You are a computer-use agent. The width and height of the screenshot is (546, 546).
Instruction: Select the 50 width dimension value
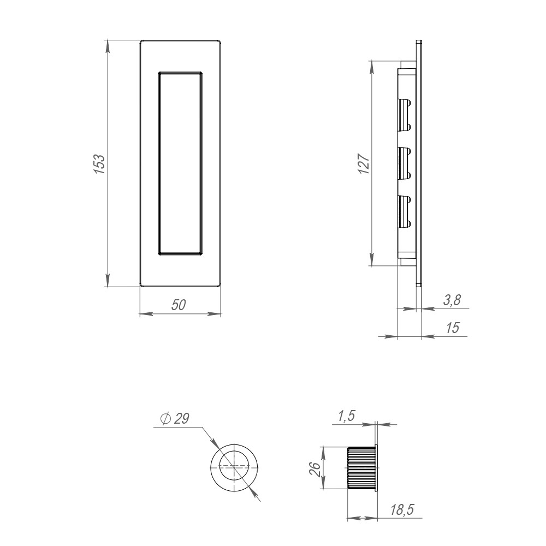click(179, 305)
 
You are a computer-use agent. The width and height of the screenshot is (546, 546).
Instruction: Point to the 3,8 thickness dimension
click(452, 300)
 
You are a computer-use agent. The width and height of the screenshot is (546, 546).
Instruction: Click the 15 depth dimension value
click(453, 328)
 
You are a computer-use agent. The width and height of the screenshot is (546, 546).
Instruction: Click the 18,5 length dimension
click(402, 510)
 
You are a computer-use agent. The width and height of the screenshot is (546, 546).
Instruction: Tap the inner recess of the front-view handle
click(180, 163)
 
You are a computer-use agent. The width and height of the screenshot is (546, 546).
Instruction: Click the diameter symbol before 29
click(165, 419)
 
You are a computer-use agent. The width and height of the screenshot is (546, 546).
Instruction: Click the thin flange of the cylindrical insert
click(377, 468)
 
